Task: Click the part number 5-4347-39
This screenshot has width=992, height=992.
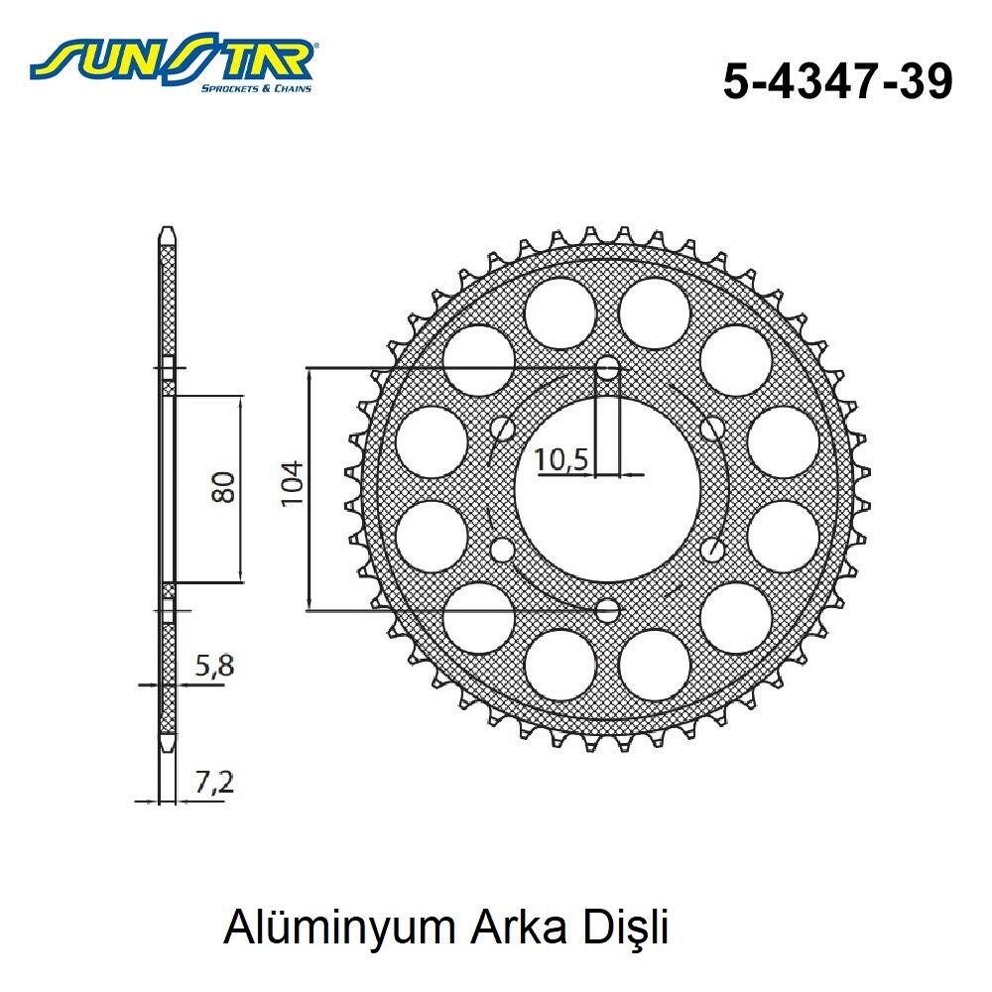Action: [837, 82]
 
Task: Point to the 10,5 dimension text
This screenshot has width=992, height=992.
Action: [562, 459]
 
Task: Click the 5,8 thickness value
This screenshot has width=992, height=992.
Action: [214, 667]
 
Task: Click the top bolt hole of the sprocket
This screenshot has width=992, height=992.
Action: [607, 367]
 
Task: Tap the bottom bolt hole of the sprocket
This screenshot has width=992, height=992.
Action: [607, 609]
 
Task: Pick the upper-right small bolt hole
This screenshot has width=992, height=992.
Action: [712, 428]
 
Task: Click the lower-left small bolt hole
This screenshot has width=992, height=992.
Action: [503, 550]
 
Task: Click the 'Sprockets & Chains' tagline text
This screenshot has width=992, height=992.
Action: [256, 88]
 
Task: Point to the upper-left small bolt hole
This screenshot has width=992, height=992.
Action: [503, 428]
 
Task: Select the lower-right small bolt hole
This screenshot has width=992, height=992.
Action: [712, 550]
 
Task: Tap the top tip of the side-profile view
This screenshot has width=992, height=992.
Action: [168, 235]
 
